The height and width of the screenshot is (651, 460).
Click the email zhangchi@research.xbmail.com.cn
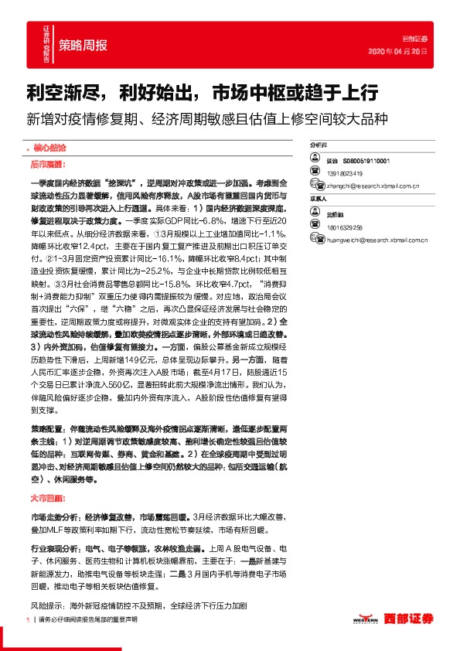373,186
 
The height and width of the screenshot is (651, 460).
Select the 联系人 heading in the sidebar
318,198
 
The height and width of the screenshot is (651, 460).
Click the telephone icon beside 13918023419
315,172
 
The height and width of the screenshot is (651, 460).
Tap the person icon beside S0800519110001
315,159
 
